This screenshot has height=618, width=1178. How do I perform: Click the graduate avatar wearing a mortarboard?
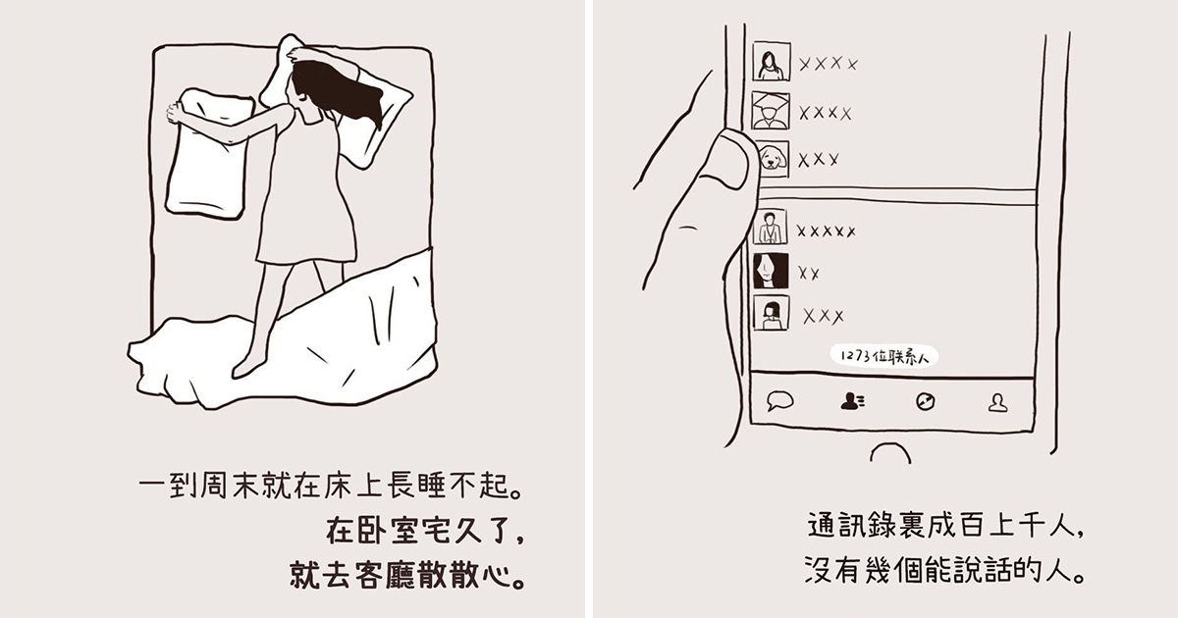coord(771,111)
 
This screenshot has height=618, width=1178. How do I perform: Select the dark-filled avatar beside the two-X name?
coord(771,271)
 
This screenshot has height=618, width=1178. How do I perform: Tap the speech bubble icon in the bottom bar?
coord(779,401)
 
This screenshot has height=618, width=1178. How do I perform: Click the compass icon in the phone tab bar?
coord(925,402)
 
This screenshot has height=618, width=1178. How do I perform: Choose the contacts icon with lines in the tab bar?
coord(852,402)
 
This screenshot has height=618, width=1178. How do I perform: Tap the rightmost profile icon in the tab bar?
coord(997,403)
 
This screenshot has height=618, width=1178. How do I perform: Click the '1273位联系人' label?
coord(884,356)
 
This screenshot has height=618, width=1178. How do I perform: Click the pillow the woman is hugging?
coord(207,155)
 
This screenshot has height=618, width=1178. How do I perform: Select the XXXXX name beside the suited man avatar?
coord(826,231)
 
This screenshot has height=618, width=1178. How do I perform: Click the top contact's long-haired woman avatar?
coord(771,62)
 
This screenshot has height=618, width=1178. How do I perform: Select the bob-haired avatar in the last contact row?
coord(771,313)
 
